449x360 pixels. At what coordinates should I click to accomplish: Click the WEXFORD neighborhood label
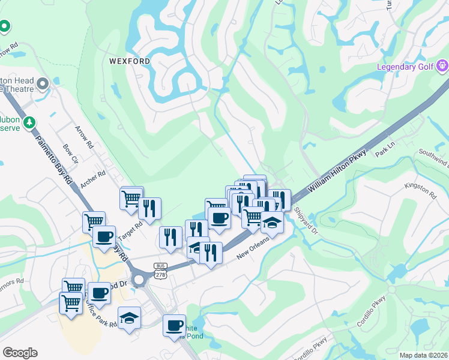pyautogui.click(x=129, y=61)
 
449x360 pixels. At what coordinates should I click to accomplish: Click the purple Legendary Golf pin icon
pyautogui.click(x=442, y=65)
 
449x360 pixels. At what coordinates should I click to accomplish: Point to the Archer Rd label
pyautogui.click(x=93, y=179)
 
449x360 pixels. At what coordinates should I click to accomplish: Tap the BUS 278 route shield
pyautogui.click(x=160, y=269)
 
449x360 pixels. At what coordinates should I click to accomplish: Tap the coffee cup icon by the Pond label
pyautogui.click(x=175, y=326)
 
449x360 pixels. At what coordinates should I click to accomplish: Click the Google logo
pyautogui.click(x=20, y=353)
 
